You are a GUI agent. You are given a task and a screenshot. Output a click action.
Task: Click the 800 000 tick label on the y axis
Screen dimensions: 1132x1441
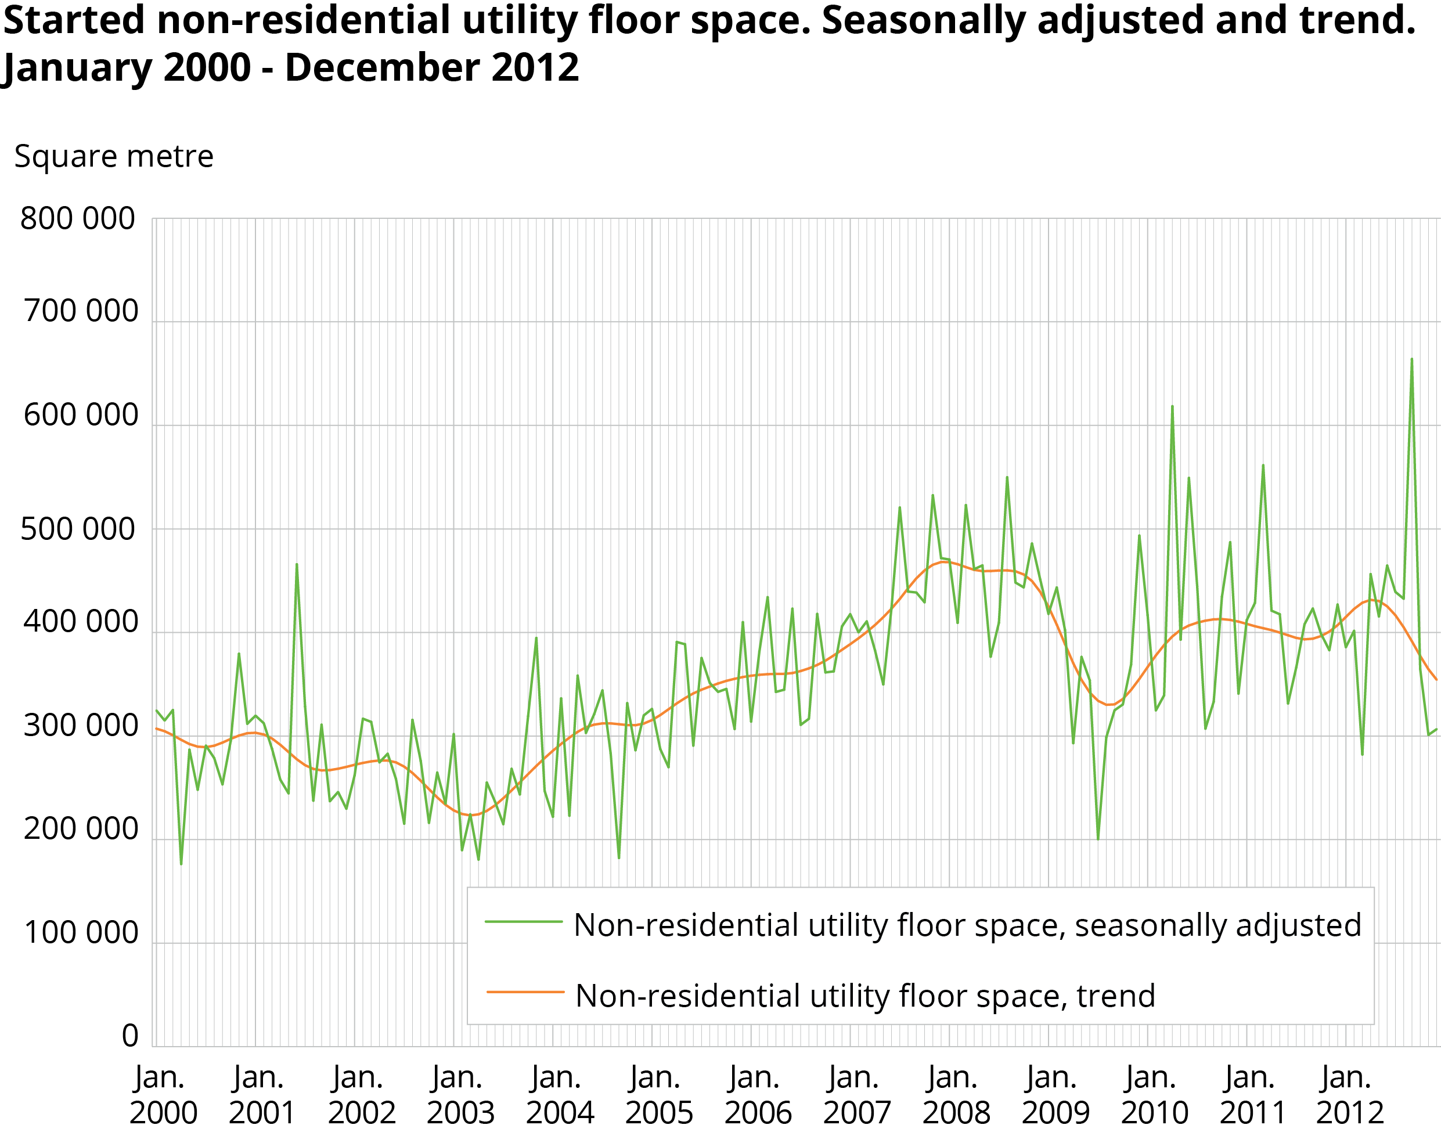[78, 219]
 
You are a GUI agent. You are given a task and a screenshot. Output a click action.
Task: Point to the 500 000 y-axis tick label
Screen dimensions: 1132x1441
[78, 529]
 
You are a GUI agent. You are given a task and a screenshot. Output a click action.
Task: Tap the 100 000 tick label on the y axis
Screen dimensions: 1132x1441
[81, 933]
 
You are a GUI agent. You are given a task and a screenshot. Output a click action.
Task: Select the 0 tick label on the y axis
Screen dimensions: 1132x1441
[130, 1036]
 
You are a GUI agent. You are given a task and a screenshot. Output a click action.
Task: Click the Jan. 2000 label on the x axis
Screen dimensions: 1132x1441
[163, 1095]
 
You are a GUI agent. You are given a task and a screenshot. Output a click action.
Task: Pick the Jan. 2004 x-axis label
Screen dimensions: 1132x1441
[559, 1095]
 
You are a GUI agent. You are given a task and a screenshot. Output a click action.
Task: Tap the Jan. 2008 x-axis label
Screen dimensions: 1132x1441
[956, 1095]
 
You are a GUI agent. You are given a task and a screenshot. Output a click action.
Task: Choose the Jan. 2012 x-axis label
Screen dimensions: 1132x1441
[1349, 1095]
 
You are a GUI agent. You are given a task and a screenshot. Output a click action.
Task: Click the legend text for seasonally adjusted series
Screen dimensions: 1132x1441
[967, 925]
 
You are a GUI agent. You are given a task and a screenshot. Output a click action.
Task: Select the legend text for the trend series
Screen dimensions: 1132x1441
[865, 996]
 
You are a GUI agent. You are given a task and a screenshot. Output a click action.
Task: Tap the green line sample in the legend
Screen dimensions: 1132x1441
[524, 922]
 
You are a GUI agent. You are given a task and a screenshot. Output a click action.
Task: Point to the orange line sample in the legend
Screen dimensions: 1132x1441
[525, 992]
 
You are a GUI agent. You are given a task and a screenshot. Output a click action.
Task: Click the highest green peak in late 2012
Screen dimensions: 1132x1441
[1411, 359]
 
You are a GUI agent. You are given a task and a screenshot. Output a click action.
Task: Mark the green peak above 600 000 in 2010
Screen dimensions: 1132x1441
[1172, 406]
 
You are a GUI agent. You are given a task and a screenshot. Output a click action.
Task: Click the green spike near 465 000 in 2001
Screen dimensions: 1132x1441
[296, 564]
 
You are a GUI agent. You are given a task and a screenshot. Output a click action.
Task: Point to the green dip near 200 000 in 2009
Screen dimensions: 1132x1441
[1098, 839]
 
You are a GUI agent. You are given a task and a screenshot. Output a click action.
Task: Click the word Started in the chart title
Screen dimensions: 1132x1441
[75, 20]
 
